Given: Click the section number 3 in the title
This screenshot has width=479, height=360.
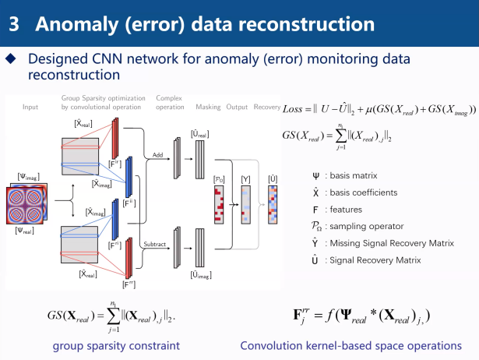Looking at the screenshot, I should coord(14,23).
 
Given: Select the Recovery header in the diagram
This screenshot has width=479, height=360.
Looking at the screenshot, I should coord(267,107).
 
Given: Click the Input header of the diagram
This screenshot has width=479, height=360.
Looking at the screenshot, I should coord(30,107).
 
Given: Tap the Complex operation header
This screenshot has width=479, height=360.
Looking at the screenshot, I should coord(170,103).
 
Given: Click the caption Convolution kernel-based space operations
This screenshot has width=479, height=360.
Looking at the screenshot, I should coord(350,345).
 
